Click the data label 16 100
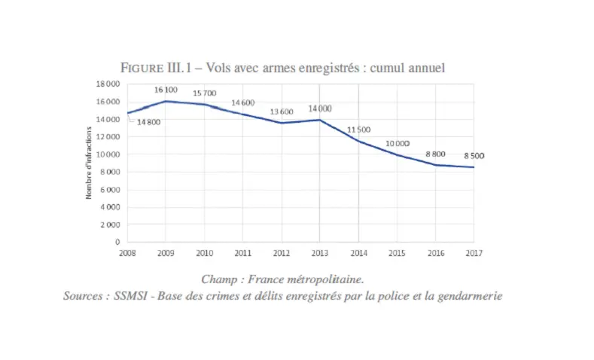[166, 90]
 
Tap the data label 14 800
[148, 122]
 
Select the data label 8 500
[474, 156]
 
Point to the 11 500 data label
[358, 130]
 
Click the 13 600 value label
[282, 111]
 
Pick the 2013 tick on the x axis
[320, 253]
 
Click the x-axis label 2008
[127, 253]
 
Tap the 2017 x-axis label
[474, 253]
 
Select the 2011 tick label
[243, 253]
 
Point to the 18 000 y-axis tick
[108, 84]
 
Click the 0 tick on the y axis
[117, 242]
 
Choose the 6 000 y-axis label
[110, 190]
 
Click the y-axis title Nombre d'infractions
[89, 163]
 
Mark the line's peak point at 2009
[166, 101]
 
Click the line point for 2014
[358, 142]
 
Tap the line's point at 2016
[435, 165]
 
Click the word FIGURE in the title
[142, 68]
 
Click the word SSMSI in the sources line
[130, 295]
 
